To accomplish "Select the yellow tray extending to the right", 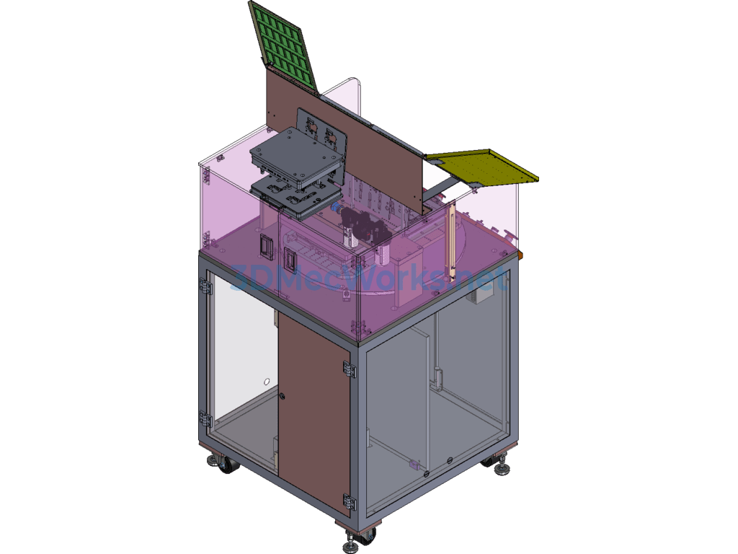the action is pyautogui.click(x=485, y=168).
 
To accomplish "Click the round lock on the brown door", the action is pyautogui.click(x=283, y=397).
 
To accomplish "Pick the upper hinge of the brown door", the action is pyautogui.click(x=348, y=369).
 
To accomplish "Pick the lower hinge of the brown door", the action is pyautogui.click(x=349, y=502).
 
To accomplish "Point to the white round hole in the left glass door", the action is pyautogui.click(x=267, y=382).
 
